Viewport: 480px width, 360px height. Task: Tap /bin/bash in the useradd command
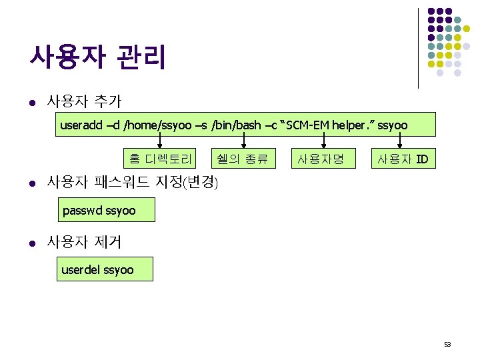(x=237, y=125)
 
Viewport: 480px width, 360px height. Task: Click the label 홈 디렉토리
(x=161, y=159)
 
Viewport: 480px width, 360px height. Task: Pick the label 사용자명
(x=321, y=159)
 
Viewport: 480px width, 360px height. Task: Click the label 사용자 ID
(x=403, y=159)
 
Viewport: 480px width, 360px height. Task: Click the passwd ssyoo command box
(x=106, y=211)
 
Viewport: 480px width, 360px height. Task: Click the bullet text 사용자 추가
(x=83, y=101)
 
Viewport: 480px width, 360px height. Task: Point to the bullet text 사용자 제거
(x=83, y=242)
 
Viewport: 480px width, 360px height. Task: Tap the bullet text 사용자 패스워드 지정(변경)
(x=131, y=181)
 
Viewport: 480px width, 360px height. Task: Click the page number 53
(x=447, y=345)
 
